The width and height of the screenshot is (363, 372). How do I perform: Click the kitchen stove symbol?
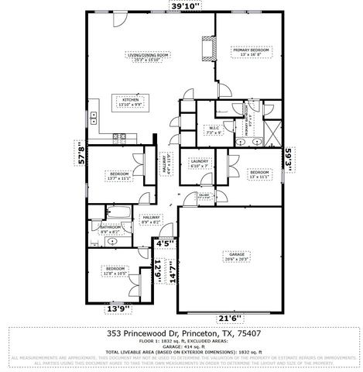[x=120, y=139]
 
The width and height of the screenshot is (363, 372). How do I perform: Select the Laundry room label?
[x=200, y=164]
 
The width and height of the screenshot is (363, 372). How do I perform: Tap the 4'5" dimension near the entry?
[x=165, y=243]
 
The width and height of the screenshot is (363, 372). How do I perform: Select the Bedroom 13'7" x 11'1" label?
[x=118, y=176]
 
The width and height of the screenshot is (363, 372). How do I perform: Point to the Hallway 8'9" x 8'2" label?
[x=150, y=221]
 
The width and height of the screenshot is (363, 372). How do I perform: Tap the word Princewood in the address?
[x=152, y=332]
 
